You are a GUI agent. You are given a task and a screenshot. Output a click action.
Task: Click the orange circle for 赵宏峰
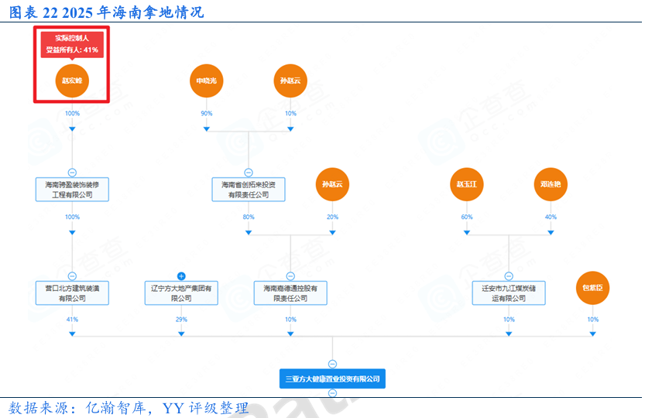pyautogui.click(x=72, y=81)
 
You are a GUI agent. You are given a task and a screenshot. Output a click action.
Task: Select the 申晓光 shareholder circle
pyautogui.click(x=206, y=81)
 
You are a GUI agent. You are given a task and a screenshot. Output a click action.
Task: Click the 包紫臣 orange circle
pyautogui.click(x=592, y=288)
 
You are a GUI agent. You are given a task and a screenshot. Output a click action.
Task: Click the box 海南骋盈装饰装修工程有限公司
pyautogui.click(x=72, y=190)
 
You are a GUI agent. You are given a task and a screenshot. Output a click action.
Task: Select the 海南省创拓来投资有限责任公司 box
pyautogui.click(x=249, y=190)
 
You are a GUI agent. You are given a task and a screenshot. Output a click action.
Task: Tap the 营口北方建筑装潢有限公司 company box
pyautogui.click(x=72, y=293)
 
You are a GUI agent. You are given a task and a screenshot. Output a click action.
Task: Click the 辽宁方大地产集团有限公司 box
pyautogui.click(x=181, y=293)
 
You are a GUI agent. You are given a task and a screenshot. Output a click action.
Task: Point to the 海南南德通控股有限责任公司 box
pyautogui.click(x=290, y=293)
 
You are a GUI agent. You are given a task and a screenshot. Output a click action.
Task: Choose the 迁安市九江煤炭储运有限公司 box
pyautogui.click(x=509, y=293)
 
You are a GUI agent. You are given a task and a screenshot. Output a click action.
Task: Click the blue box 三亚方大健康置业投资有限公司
pyautogui.click(x=332, y=379)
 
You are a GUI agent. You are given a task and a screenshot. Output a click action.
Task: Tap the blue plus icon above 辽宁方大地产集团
pyautogui.click(x=181, y=276)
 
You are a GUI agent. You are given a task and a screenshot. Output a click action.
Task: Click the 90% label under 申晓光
pyautogui.click(x=206, y=114)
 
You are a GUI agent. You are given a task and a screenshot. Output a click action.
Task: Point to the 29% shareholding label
pyautogui.click(x=181, y=320)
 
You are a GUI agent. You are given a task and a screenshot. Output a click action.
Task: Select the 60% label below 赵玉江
pyautogui.click(x=467, y=218)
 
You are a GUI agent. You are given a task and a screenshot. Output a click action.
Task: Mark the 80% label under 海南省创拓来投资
pyautogui.click(x=249, y=218)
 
